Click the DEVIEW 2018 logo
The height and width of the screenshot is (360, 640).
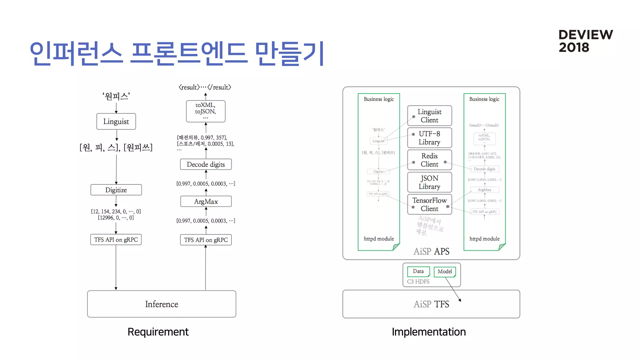[x=585, y=41]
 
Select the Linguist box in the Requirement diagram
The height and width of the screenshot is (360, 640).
[x=116, y=121]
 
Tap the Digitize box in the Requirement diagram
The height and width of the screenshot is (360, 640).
[x=116, y=190]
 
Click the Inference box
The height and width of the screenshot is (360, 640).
[x=162, y=304]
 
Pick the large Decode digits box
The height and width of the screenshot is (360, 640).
[x=206, y=164]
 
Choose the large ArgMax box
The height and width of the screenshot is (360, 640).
[x=206, y=201]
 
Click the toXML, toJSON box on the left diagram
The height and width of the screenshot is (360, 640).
[x=205, y=111]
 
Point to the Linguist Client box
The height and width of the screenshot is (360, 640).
[x=429, y=116]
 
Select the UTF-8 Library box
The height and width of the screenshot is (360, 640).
[x=429, y=138]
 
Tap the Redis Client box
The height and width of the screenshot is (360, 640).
[x=429, y=160]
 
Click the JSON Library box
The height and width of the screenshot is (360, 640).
[x=429, y=182]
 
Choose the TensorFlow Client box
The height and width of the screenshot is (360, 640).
[x=429, y=204]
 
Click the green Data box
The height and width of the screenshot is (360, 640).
[x=418, y=271]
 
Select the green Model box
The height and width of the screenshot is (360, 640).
[x=444, y=271]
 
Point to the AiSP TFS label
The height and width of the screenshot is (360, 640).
[x=431, y=304]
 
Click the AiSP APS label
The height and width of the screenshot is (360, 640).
[x=431, y=251]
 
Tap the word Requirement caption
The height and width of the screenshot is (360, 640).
[x=158, y=332]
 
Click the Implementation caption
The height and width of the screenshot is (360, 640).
[x=428, y=332]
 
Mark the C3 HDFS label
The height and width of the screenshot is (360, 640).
[x=418, y=282]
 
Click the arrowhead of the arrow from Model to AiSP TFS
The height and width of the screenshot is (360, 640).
[x=460, y=300]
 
